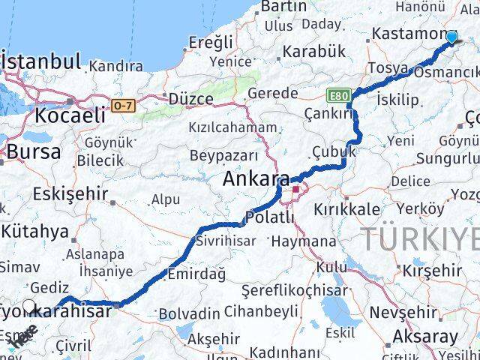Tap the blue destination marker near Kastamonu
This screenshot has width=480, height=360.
(x=451, y=37)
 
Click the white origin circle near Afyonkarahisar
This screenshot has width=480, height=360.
(x=29, y=306)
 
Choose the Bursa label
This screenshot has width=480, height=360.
(x=33, y=152)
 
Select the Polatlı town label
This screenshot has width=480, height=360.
(x=271, y=217)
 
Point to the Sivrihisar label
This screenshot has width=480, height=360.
(x=225, y=241)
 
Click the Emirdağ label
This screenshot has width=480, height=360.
(x=196, y=274)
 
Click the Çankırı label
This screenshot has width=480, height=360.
(x=328, y=112)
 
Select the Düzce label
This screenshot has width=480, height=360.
(x=191, y=98)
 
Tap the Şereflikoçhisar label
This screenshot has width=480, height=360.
(x=295, y=290)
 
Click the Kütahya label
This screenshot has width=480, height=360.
(x=39, y=231)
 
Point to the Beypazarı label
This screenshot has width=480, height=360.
(x=223, y=155)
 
